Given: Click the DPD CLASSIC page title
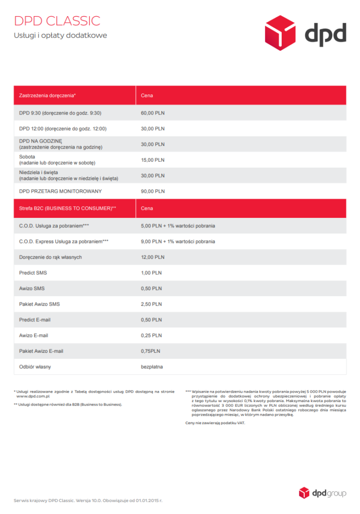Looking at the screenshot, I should [57, 21].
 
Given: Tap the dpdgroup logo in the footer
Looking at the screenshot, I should [322, 492].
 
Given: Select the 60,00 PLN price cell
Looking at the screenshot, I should [153, 113].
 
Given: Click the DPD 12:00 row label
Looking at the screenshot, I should [63, 128].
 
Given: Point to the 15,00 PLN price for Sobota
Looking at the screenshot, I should [153, 160].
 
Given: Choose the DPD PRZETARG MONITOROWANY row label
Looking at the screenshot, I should [60, 191].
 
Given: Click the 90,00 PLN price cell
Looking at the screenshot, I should [153, 191].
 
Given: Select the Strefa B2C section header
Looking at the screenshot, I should [67, 208].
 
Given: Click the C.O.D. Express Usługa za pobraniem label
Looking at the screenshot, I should [64, 241].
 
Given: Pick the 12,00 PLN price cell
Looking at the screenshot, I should [153, 257].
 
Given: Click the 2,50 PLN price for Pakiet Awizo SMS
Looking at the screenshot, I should [151, 304].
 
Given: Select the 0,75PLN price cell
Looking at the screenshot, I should [151, 351].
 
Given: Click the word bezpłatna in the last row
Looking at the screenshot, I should [152, 367].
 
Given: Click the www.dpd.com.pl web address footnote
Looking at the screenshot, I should [36, 396].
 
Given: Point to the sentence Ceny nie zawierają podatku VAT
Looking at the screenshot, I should [215, 423].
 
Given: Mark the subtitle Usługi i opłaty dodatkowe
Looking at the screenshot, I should [60, 36].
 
